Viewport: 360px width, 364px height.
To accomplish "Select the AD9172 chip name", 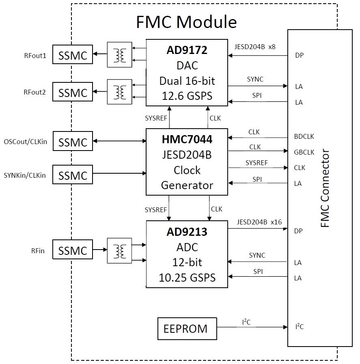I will coord(187,50).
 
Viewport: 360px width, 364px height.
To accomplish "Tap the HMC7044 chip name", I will coord(186,140).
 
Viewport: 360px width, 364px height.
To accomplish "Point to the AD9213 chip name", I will coord(187,232).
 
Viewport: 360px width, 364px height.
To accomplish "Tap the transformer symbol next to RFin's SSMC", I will coord(119,250).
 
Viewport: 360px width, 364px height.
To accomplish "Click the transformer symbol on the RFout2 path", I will coord(119,92).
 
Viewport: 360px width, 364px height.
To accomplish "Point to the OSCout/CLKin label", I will coord(26,142).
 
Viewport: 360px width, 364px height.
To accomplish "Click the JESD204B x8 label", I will coord(255,47).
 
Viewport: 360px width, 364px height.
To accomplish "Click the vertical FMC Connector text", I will coord(325,188).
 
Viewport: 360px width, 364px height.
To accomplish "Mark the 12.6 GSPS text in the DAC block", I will coord(187,96).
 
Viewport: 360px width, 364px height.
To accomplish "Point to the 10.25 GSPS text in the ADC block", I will coord(187,278).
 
